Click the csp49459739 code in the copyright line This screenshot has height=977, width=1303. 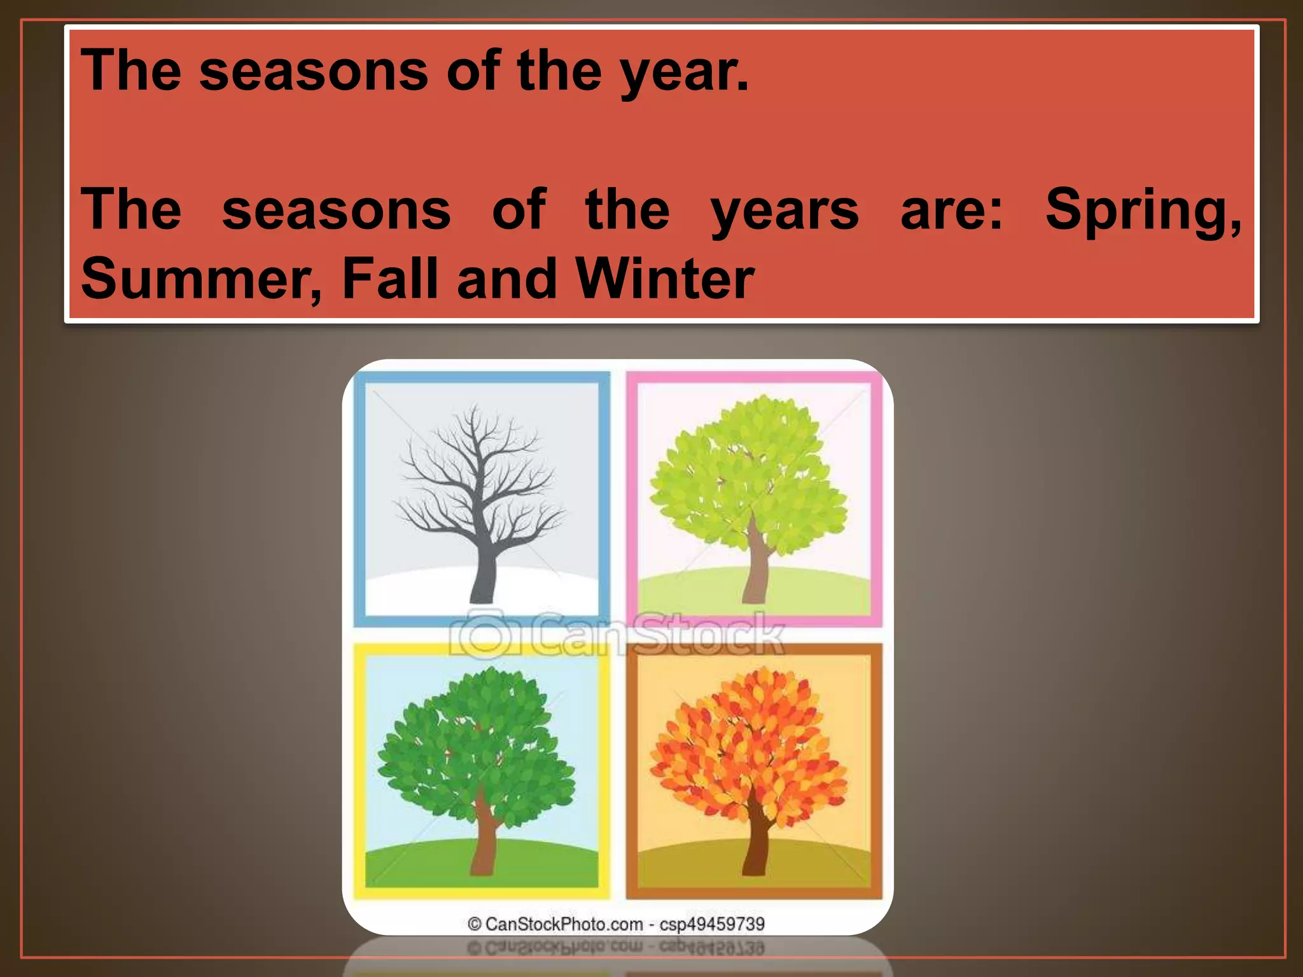click(x=712, y=924)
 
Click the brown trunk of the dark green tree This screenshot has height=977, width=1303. click(x=485, y=840)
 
